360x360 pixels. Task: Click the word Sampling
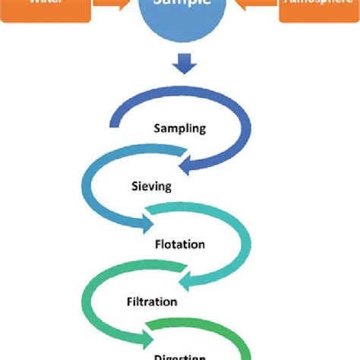(x=179, y=128)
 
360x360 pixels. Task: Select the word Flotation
(x=179, y=245)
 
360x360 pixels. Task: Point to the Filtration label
(x=152, y=302)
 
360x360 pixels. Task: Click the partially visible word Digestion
(x=179, y=355)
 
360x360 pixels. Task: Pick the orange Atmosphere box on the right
(x=319, y=9)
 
